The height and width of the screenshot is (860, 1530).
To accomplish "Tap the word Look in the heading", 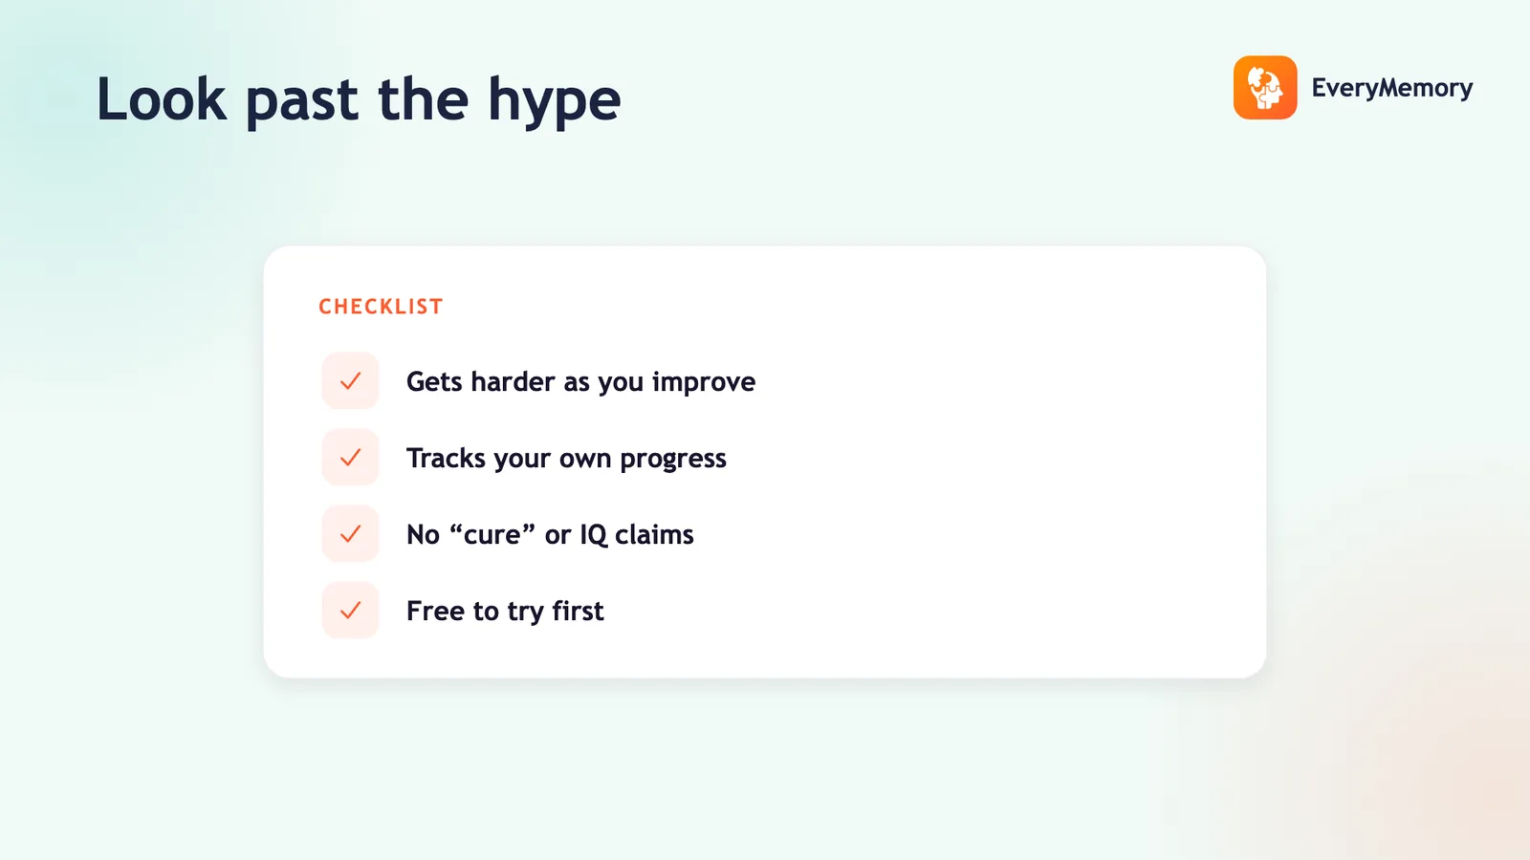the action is click(x=162, y=99).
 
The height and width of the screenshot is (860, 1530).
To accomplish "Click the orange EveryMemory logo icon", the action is click(x=1265, y=87).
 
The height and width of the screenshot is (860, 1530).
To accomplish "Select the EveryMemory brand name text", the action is click(x=1392, y=88).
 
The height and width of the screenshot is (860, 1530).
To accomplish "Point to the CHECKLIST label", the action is click(x=382, y=307).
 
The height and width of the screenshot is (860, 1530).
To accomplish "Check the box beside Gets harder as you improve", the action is click(x=350, y=381).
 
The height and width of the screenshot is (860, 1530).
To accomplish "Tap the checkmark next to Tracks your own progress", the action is click(x=350, y=458).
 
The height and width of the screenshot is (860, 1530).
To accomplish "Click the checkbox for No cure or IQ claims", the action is click(x=350, y=534).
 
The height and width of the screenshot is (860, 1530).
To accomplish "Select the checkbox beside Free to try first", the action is click(x=350, y=611).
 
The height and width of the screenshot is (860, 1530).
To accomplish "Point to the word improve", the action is click(x=704, y=382).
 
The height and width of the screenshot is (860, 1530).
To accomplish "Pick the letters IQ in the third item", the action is click(x=593, y=535).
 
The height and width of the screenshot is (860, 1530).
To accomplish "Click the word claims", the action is click(x=654, y=534).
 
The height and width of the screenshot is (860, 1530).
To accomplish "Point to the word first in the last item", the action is click(x=578, y=611).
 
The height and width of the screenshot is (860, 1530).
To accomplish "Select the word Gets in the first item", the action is click(x=434, y=381).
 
